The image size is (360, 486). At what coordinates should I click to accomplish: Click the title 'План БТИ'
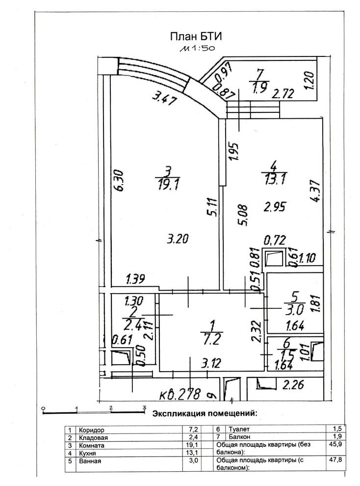(196, 37)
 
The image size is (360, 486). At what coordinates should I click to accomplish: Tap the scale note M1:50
(197, 48)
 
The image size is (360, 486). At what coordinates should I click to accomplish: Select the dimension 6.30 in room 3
(120, 180)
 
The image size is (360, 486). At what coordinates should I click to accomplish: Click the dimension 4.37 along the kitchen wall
(316, 191)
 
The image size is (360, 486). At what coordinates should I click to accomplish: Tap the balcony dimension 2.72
(283, 93)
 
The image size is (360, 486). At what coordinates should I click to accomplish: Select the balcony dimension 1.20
(309, 81)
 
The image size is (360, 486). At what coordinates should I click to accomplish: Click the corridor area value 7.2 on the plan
(212, 339)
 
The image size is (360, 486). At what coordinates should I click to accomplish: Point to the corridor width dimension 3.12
(211, 363)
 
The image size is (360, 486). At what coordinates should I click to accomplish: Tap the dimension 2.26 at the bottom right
(293, 385)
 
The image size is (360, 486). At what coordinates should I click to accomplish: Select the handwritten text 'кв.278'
(180, 394)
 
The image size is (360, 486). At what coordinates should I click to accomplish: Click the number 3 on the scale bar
(144, 407)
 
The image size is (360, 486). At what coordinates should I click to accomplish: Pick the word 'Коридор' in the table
(92, 430)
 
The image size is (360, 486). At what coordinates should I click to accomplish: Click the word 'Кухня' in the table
(88, 454)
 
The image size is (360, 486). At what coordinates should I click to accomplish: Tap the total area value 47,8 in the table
(336, 459)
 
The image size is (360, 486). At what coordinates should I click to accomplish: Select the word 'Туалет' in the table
(239, 429)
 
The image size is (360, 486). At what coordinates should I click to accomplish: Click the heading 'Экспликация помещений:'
(205, 413)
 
